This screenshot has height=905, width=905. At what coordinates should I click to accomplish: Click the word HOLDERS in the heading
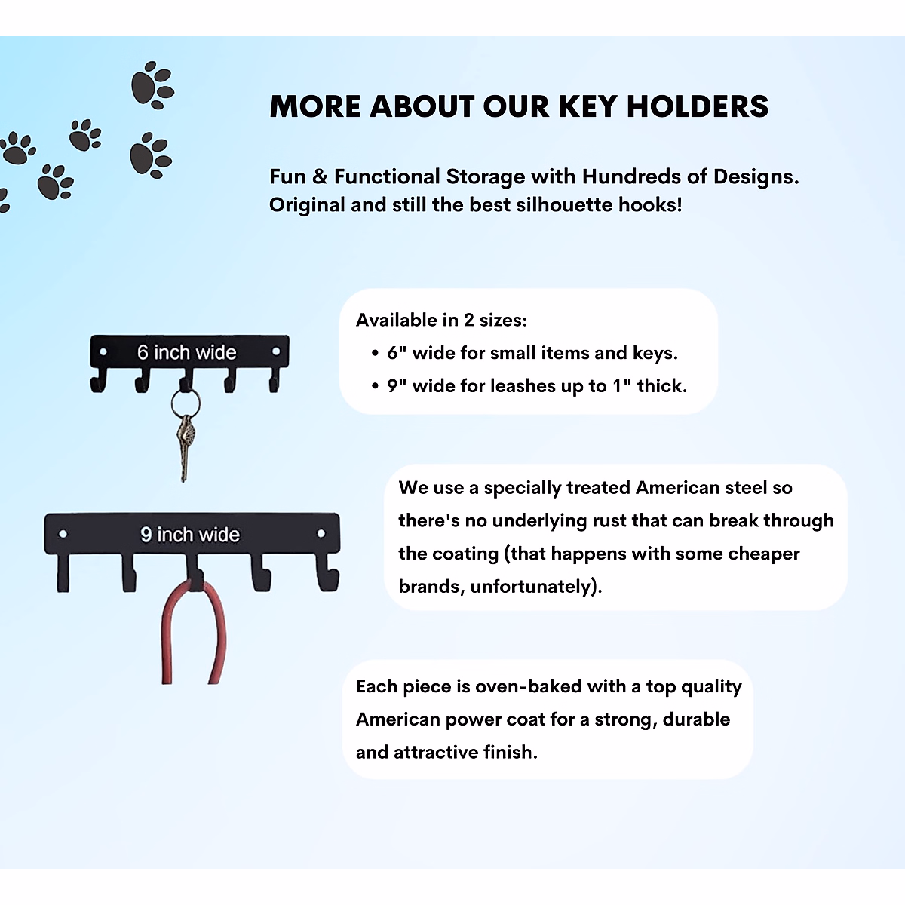697,106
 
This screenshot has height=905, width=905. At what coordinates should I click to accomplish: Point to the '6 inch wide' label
186,352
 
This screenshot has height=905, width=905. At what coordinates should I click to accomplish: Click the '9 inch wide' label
190,535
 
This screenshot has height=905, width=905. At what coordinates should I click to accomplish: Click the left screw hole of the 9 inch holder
63,534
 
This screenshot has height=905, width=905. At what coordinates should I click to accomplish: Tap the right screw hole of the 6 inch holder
276,351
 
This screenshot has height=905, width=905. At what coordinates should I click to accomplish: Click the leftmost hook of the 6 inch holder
98,382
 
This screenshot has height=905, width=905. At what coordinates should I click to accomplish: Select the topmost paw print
153,84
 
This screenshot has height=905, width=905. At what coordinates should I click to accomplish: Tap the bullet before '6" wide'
375,353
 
